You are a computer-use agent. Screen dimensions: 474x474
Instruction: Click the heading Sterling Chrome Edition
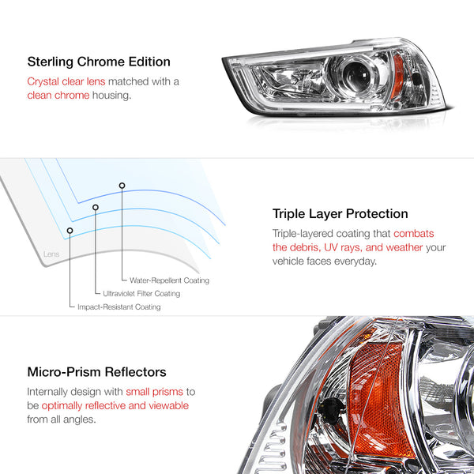click(99, 62)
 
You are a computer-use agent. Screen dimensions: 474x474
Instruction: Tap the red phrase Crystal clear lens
click(66, 81)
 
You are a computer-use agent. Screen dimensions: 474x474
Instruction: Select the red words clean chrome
click(58, 96)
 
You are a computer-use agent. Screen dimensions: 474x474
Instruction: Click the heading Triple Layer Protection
click(340, 214)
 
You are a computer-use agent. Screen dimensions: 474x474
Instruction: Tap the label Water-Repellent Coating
click(169, 280)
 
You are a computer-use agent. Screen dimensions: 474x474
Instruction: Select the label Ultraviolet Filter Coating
click(141, 294)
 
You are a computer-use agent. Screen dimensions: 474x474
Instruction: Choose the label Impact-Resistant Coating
click(119, 307)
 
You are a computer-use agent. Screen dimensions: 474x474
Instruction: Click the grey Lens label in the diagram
click(51, 254)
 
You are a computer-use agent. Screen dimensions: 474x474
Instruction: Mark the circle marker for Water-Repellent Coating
click(122, 186)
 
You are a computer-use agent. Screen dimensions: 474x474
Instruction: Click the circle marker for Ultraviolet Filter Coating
click(96, 207)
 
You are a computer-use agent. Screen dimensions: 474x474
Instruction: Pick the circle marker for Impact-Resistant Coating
click(70, 231)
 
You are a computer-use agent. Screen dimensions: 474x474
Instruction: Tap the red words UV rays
click(343, 247)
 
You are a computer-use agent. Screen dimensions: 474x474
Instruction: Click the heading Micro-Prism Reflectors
click(96, 372)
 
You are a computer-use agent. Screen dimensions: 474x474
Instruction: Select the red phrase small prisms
click(155, 392)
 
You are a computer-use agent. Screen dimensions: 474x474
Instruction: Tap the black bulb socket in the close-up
click(332, 410)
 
